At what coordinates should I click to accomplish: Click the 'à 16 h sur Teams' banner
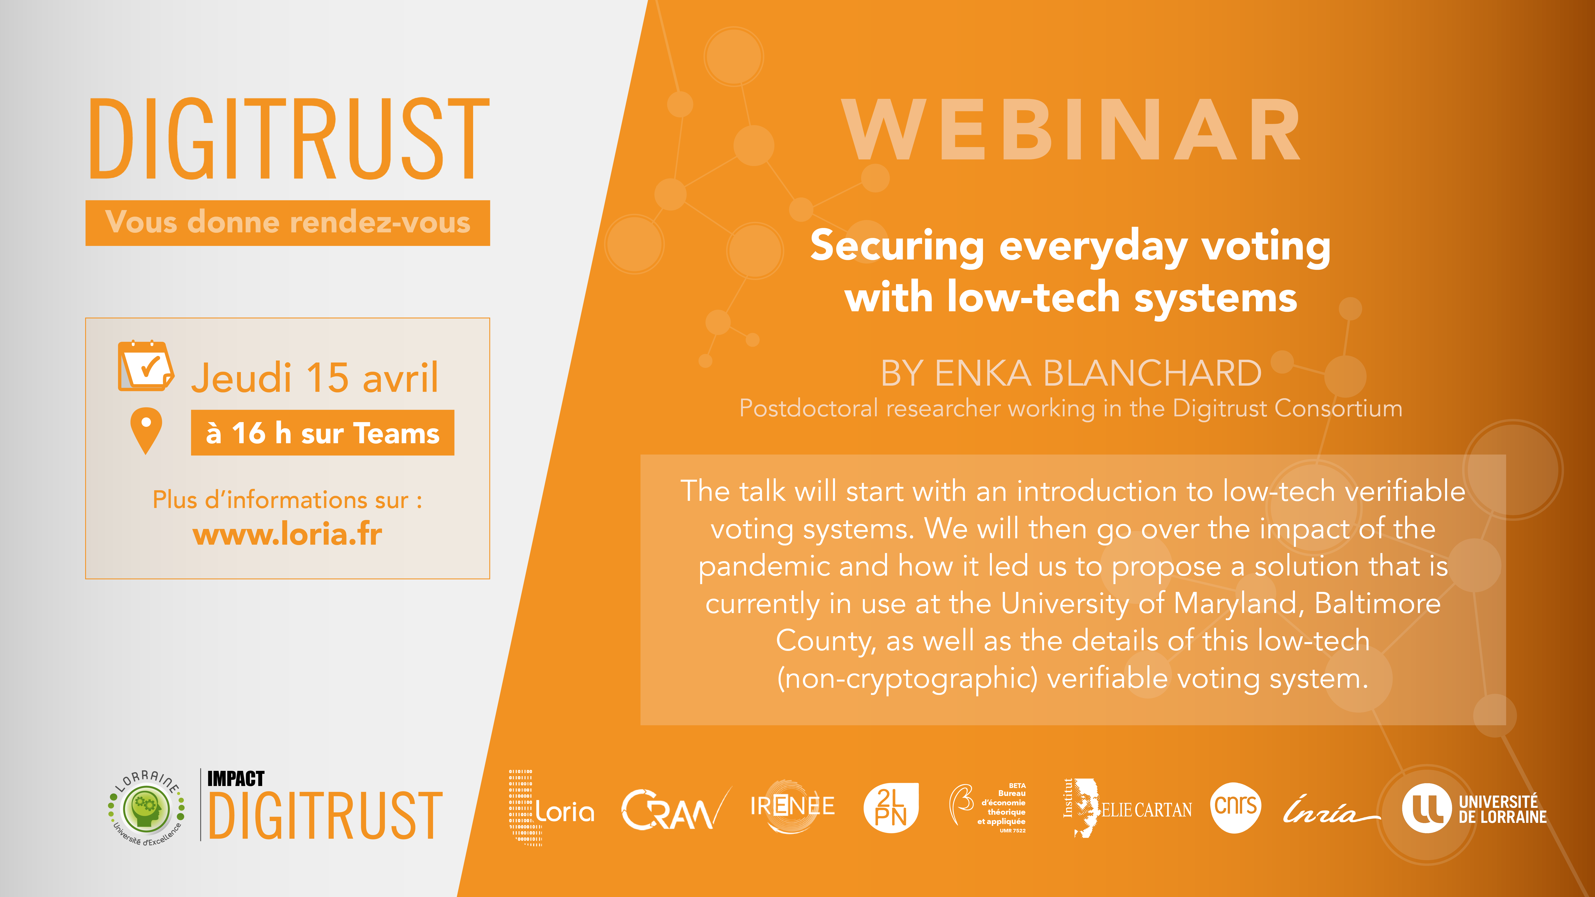point(323,433)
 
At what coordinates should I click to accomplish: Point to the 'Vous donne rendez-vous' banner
point(288,223)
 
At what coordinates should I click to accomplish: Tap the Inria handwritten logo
point(1331,810)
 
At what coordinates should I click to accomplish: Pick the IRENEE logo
point(793,806)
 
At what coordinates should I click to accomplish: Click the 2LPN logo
point(891,807)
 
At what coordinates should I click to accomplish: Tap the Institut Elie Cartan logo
point(1127,808)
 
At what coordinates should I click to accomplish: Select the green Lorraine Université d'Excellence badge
point(147,808)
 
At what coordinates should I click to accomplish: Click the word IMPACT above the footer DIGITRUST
point(236,778)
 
